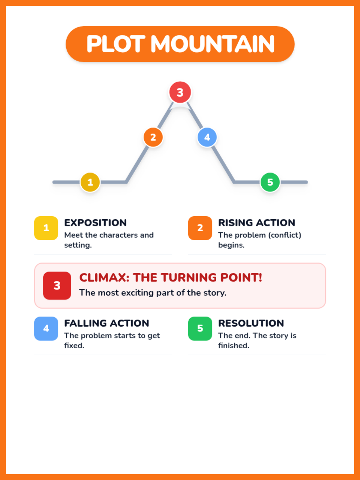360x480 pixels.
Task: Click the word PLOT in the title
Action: (116, 44)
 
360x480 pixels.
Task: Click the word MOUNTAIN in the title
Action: (212, 44)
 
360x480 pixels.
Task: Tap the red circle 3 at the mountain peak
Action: (180, 92)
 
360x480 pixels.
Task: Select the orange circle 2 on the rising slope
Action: (153, 137)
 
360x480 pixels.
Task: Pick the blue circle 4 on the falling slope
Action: (207, 137)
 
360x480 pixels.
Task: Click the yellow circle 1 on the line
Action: (90, 182)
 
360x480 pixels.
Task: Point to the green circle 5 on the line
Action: (270, 182)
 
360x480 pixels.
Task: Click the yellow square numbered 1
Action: (46, 228)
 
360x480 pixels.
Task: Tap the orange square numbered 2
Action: (200, 228)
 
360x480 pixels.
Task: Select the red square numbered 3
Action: (57, 286)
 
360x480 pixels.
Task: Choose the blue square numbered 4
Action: (46, 328)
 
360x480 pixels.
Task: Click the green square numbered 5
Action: (200, 328)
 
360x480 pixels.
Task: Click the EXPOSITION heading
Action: (95, 223)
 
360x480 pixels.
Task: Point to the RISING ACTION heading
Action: (256, 223)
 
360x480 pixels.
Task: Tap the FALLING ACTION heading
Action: (107, 323)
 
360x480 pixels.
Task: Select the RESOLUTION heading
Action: (251, 323)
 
